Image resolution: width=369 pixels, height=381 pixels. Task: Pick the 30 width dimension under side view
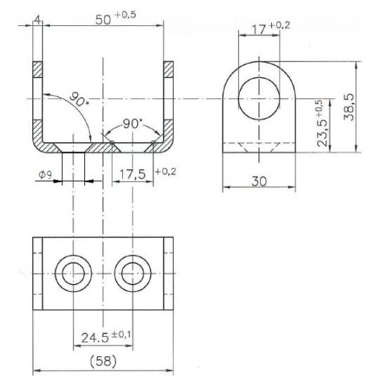259,181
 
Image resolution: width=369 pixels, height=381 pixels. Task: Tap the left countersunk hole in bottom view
74,274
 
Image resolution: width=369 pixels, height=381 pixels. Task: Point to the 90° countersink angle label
133,124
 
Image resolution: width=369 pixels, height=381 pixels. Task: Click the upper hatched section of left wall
37,69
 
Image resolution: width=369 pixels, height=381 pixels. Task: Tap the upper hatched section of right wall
169,69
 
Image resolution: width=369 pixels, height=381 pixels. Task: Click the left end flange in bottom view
37,274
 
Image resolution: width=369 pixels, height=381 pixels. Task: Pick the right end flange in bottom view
169,274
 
